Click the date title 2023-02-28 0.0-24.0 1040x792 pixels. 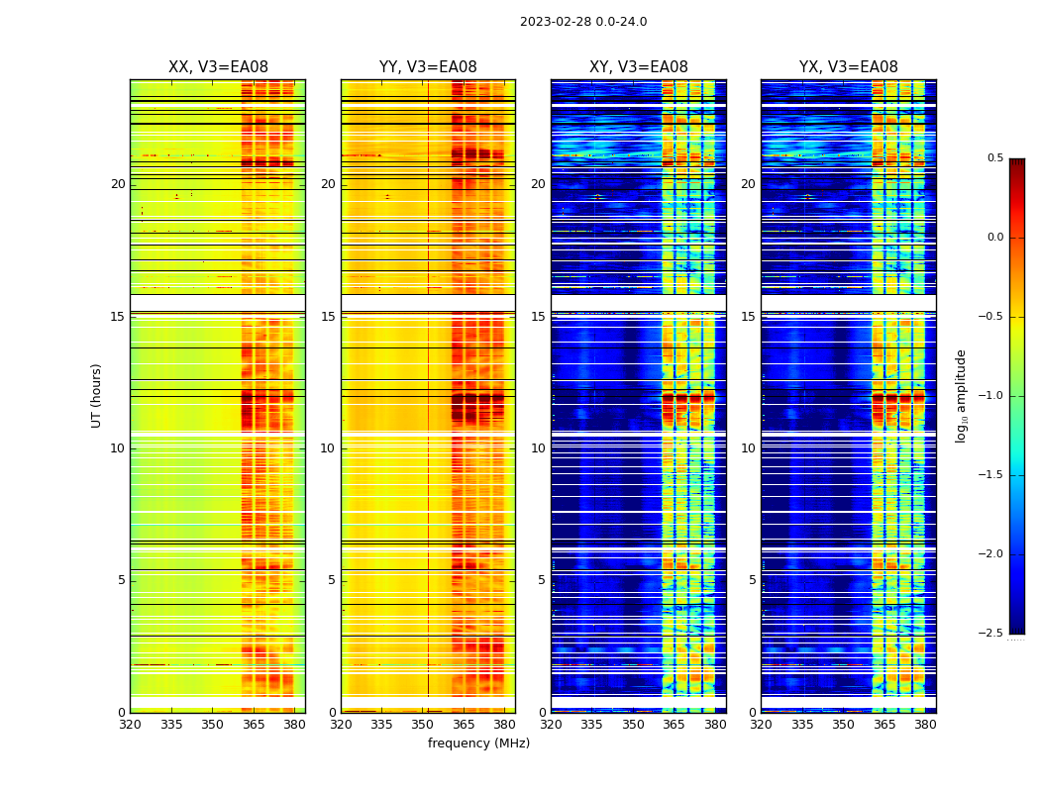[583, 22]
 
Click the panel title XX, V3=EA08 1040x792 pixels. [218, 67]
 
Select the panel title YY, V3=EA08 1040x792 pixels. [428, 67]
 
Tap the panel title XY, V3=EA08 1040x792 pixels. [639, 67]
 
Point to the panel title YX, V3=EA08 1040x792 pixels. [849, 67]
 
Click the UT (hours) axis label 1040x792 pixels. [97, 395]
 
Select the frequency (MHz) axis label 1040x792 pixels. [478, 743]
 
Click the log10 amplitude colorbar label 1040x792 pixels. [961, 395]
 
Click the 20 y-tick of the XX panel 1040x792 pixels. [119, 184]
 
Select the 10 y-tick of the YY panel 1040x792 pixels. [329, 448]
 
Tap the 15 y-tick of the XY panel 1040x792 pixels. [539, 317]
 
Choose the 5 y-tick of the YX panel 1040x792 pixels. [753, 580]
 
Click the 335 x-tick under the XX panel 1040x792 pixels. [171, 725]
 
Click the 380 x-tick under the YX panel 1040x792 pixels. [925, 725]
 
